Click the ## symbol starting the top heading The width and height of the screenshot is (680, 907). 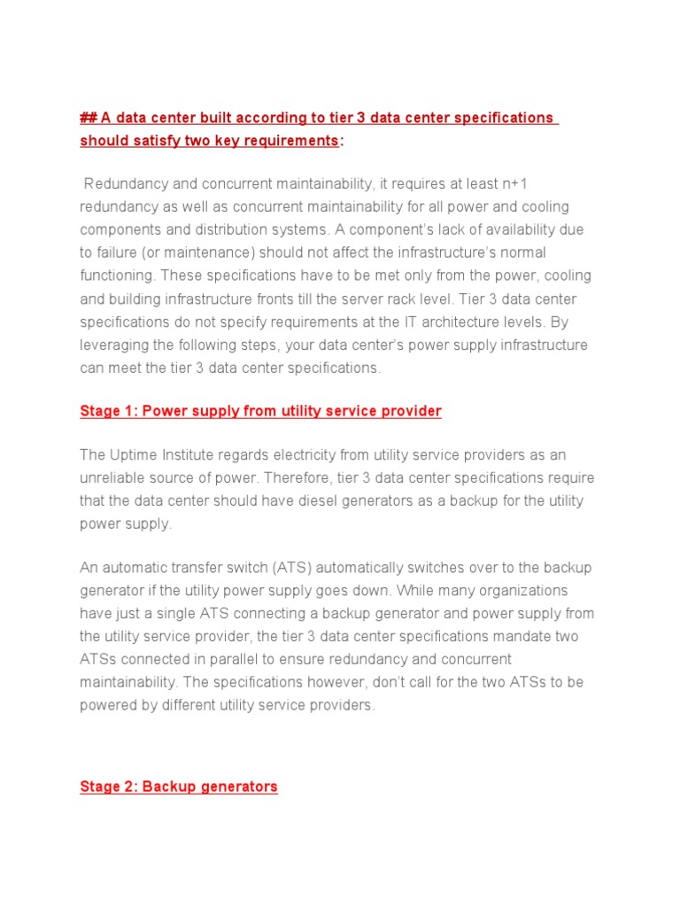pyautogui.click(x=88, y=118)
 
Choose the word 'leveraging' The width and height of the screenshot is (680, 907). pyautogui.click(x=114, y=345)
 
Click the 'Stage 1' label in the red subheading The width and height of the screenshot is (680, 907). pyautogui.click(x=107, y=411)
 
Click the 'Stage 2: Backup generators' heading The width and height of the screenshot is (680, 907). pyautogui.click(x=179, y=787)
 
